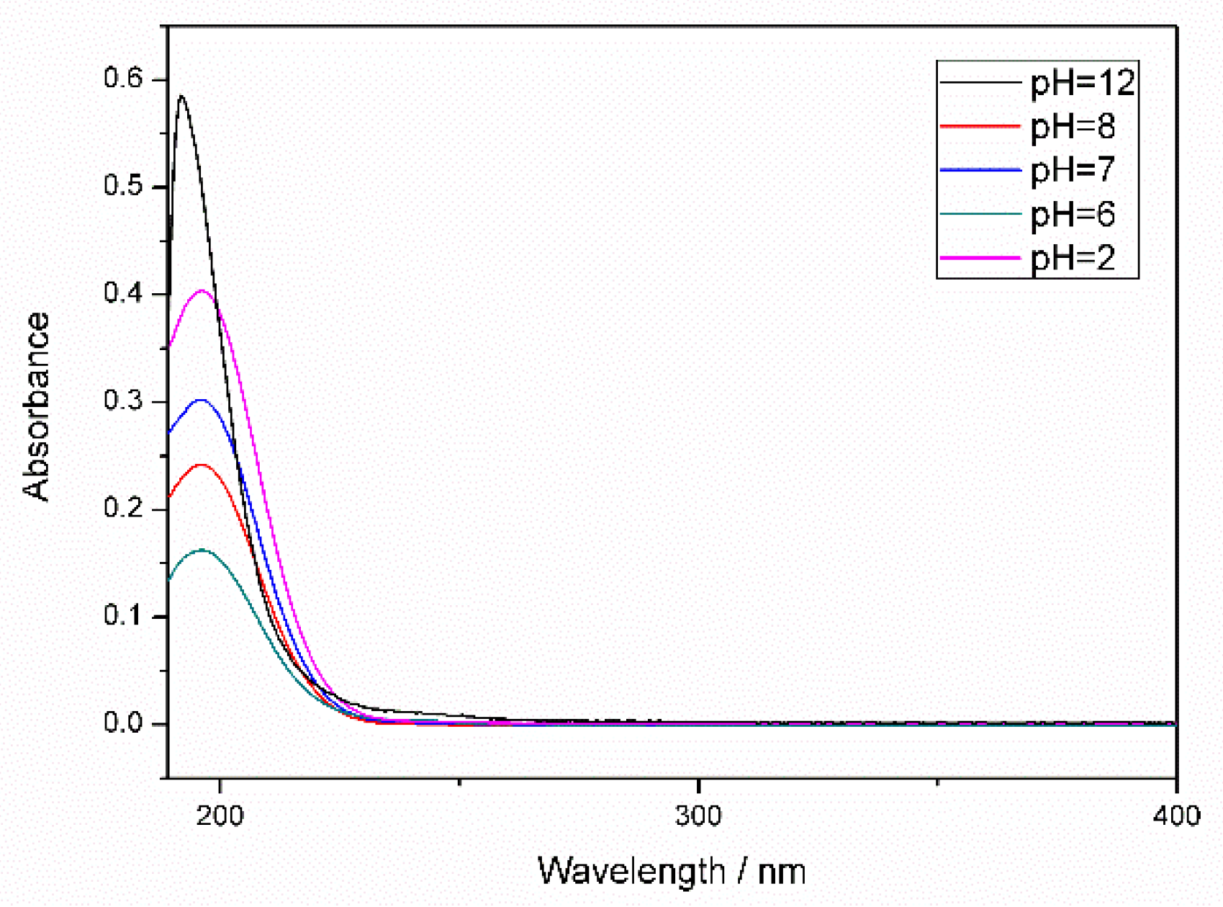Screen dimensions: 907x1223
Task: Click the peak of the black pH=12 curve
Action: [x=182, y=96]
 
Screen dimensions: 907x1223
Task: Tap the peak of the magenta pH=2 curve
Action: [x=202, y=290]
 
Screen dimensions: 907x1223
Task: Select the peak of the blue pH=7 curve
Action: [x=202, y=399]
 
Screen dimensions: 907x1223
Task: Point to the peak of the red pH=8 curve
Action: [x=202, y=465]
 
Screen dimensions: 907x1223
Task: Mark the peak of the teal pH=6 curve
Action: [x=202, y=550]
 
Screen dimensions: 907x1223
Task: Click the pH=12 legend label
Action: [x=1083, y=83]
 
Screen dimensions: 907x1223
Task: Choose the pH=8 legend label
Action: [x=1073, y=127]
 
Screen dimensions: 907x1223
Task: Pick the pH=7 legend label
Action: [x=1073, y=170]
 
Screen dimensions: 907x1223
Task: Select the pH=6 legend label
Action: [x=1073, y=214]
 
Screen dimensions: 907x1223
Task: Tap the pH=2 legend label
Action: [x=1073, y=257]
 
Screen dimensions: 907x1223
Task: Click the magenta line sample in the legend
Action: [x=980, y=257]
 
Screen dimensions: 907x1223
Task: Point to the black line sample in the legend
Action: [x=980, y=83]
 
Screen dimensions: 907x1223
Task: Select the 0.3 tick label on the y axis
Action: [x=123, y=401]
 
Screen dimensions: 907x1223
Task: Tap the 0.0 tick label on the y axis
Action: [x=123, y=723]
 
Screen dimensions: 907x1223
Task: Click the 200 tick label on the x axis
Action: [x=220, y=816]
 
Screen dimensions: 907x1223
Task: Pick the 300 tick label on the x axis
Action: [x=698, y=816]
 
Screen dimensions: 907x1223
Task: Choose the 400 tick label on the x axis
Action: [x=1176, y=816]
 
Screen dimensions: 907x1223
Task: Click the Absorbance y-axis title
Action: [x=36, y=407]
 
